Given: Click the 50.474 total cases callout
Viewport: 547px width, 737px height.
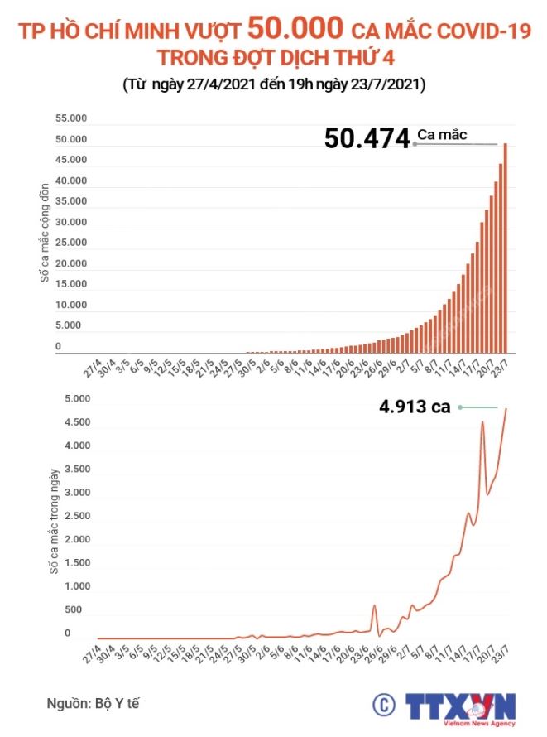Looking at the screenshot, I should [367, 137].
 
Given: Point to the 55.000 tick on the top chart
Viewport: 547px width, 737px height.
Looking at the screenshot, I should [71, 118].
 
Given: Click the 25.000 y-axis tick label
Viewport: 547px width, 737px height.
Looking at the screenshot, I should [71, 243].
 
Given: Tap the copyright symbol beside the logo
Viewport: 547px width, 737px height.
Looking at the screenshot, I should [383, 706].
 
